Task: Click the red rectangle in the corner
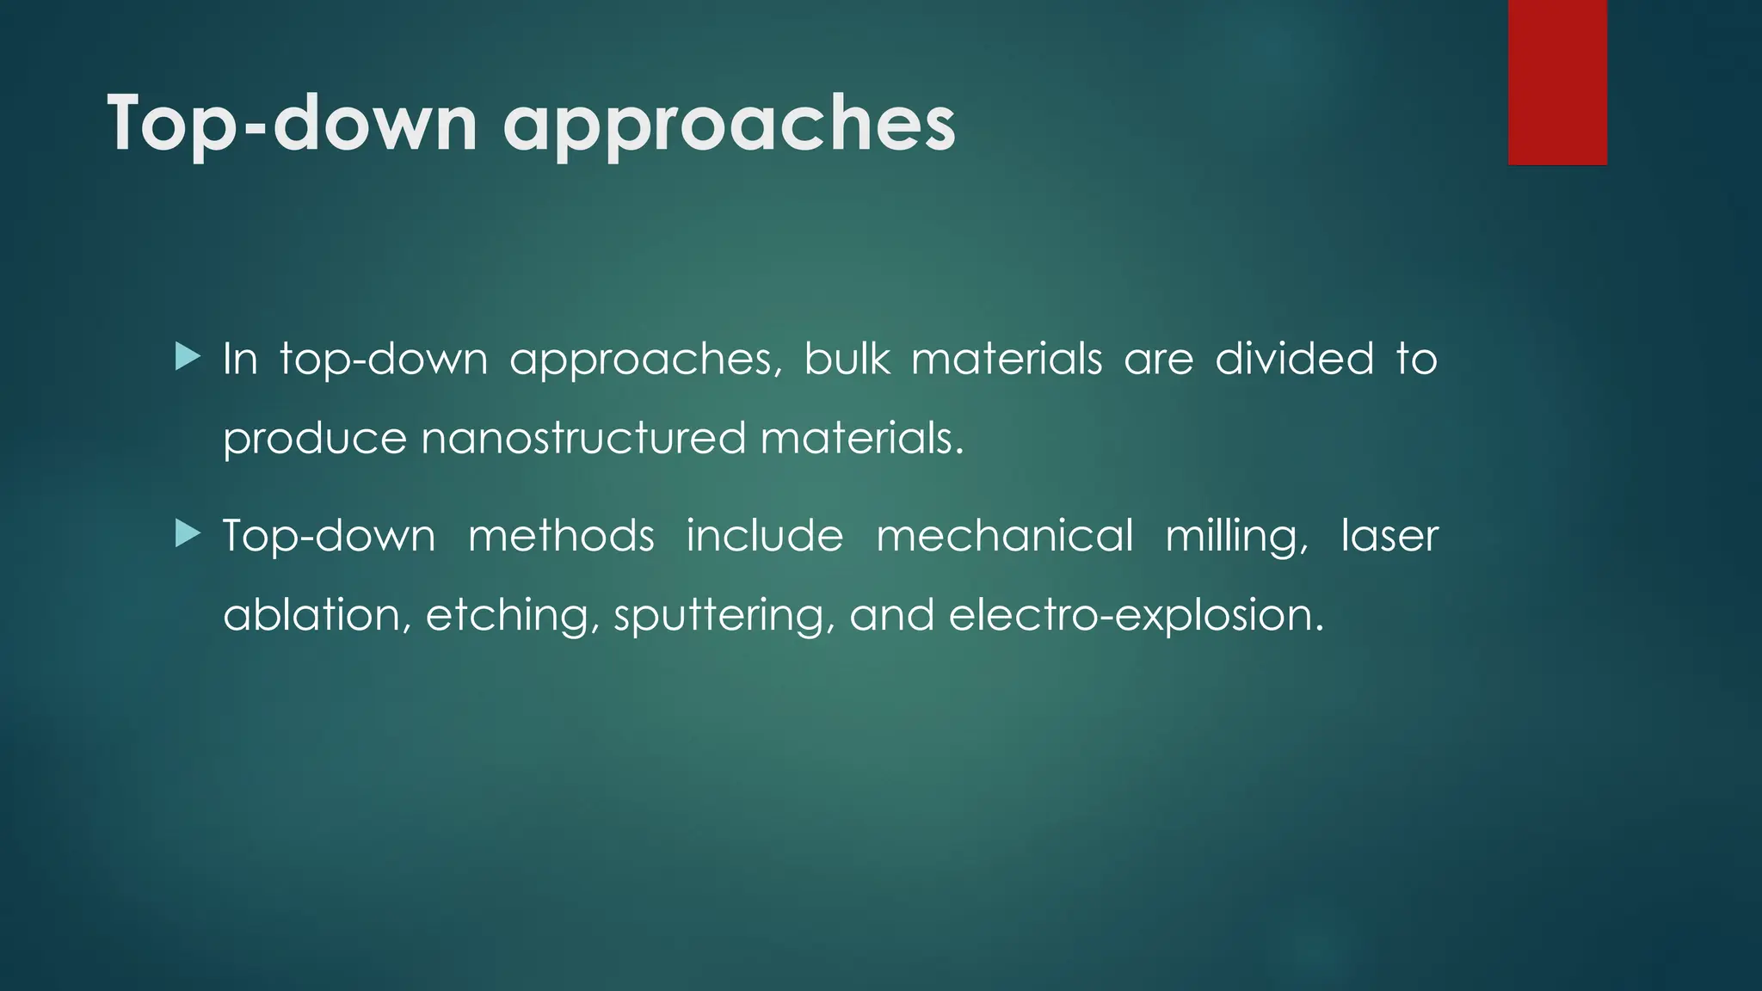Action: tap(1557, 82)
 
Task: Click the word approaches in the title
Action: tap(729, 124)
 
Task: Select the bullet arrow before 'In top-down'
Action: tap(187, 355)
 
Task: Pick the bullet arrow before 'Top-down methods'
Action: tap(187, 533)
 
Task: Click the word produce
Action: tap(314, 440)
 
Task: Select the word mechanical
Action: tap(1004, 535)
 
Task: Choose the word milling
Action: tap(1236, 537)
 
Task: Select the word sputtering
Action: tap(724, 616)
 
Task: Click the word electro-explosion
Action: tap(1136, 616)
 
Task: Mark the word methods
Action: tap(561, 535)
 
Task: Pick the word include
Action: tap(765, 535)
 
